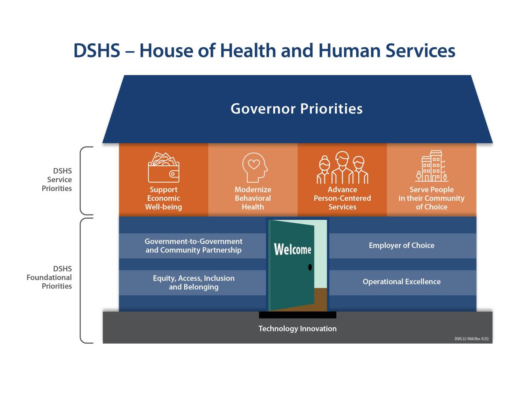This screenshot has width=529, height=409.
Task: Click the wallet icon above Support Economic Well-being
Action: [x=164, y=167]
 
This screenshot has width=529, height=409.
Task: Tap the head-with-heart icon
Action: [x=255, y=167]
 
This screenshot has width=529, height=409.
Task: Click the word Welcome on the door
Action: [x=293, y=249]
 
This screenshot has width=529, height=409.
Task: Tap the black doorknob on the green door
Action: [x=310, y=267]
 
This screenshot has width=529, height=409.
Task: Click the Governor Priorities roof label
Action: [x=297, y=109]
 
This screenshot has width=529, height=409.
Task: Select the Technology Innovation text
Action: [x=298, y=329]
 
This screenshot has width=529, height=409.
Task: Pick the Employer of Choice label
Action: [x=402, y=245]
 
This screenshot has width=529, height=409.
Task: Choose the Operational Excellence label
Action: [x=402, y=281]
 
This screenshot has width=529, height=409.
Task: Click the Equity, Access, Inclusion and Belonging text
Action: [x=194, y=282]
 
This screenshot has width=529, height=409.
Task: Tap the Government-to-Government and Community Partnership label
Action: [x=194, y=246]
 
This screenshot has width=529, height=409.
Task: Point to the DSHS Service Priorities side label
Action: [x=57, y=180]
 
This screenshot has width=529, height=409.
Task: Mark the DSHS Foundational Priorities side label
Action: [x=49, y=277]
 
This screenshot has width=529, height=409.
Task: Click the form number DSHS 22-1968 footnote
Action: [x=472, y=338]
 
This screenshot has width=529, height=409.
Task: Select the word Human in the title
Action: [x=350, y=51]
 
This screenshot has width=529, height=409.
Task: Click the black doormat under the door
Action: [x=298, y=315]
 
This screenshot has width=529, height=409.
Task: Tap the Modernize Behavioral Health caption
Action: [x=253, y=198]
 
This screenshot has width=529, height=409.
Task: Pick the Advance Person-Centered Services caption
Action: [x=342, y=198]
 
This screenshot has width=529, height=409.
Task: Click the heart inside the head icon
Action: [x=253, y=164]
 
